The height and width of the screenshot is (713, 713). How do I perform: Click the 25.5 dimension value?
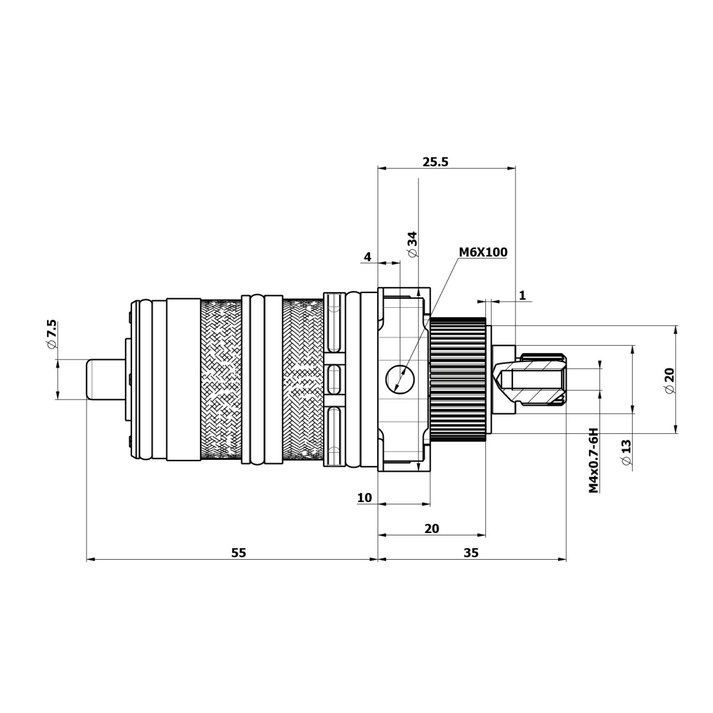436,162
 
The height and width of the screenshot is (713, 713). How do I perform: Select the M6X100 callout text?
482,253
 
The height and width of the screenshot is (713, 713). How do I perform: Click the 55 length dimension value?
238,553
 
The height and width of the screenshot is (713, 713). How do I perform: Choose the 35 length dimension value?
471,553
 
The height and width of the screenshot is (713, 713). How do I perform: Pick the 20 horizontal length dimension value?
432,528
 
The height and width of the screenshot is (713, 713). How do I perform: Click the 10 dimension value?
365,498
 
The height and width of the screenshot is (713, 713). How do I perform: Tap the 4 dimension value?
367,257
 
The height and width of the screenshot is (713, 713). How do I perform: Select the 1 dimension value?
522,295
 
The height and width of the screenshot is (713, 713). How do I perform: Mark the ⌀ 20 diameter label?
670,380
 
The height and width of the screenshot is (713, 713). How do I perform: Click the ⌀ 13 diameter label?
625,455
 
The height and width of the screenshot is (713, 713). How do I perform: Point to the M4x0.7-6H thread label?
593,460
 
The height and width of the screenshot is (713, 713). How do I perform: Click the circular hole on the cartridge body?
399,378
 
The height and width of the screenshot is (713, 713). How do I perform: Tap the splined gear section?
458,380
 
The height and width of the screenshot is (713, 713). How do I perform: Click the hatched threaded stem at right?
538,380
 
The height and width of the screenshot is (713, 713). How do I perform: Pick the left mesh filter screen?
221,380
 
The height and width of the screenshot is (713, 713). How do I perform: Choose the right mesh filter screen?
303,380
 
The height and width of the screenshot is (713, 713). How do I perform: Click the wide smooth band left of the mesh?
184,380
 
